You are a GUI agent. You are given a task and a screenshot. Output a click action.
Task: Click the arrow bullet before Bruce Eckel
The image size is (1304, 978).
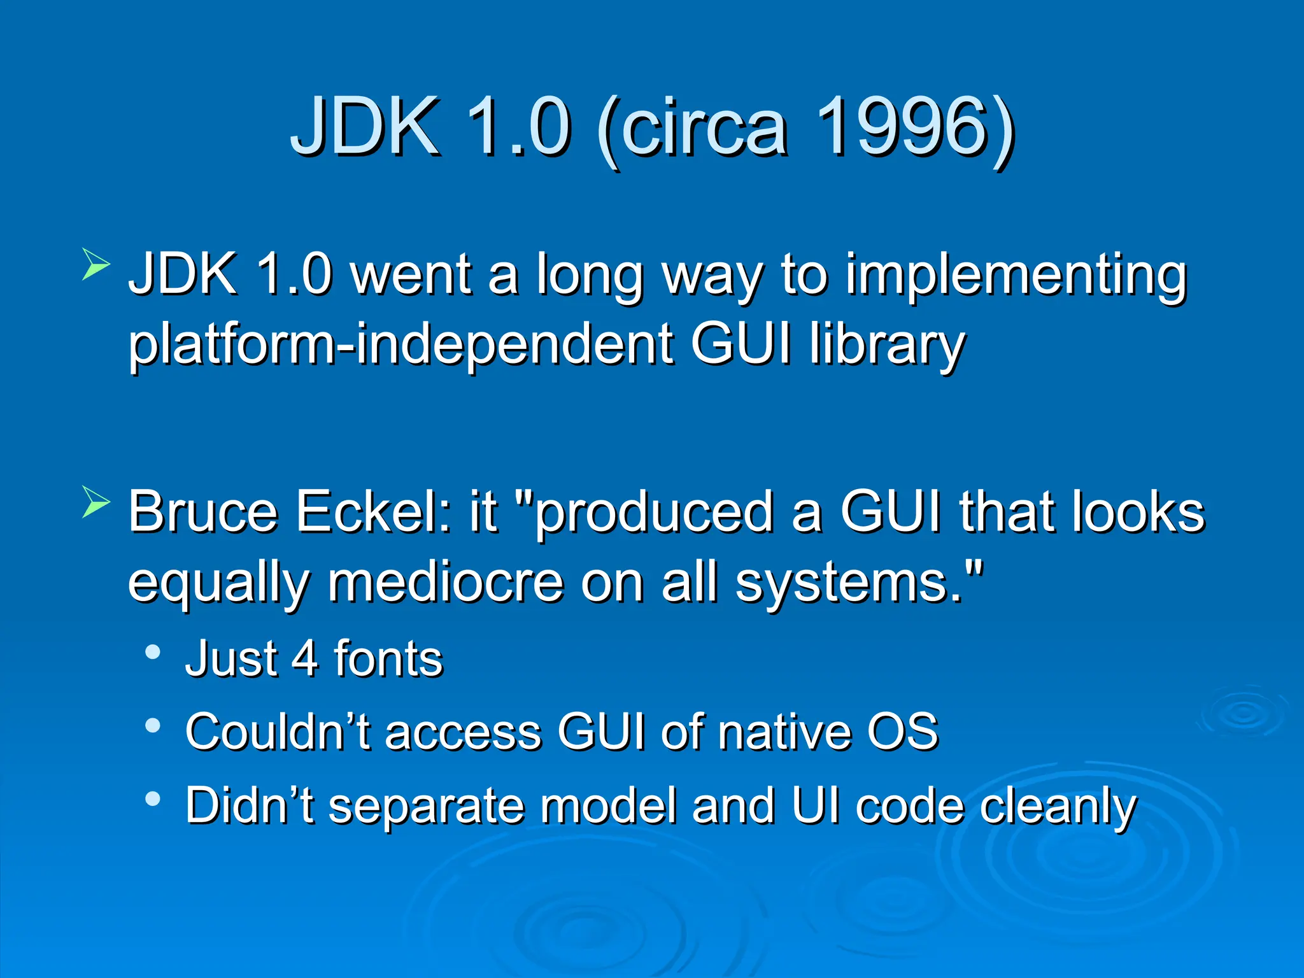(x=96, y=502)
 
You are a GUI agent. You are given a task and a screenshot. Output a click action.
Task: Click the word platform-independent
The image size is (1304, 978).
(x=400, y=344)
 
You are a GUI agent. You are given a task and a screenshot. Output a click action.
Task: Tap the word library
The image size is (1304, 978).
(x=887, y=344)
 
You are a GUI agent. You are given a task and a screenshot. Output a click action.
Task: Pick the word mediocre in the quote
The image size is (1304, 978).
(x=445, y=582)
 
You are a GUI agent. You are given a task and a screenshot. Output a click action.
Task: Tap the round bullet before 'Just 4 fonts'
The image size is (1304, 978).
(x=153, y=652)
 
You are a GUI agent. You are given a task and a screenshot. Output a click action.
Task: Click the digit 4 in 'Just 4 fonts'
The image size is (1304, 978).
(x=304, y=658)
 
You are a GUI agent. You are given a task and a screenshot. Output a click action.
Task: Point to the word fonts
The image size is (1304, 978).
(x=388, y=658)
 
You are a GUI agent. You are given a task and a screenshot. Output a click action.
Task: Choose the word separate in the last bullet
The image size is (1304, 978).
(x=426, y=806)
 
